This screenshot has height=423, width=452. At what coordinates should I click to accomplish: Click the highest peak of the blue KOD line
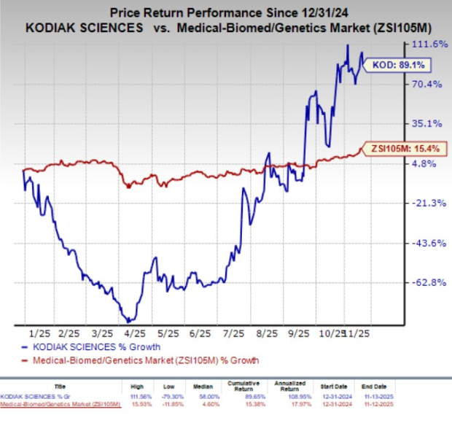pyautogui.click(x=346, y=45)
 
